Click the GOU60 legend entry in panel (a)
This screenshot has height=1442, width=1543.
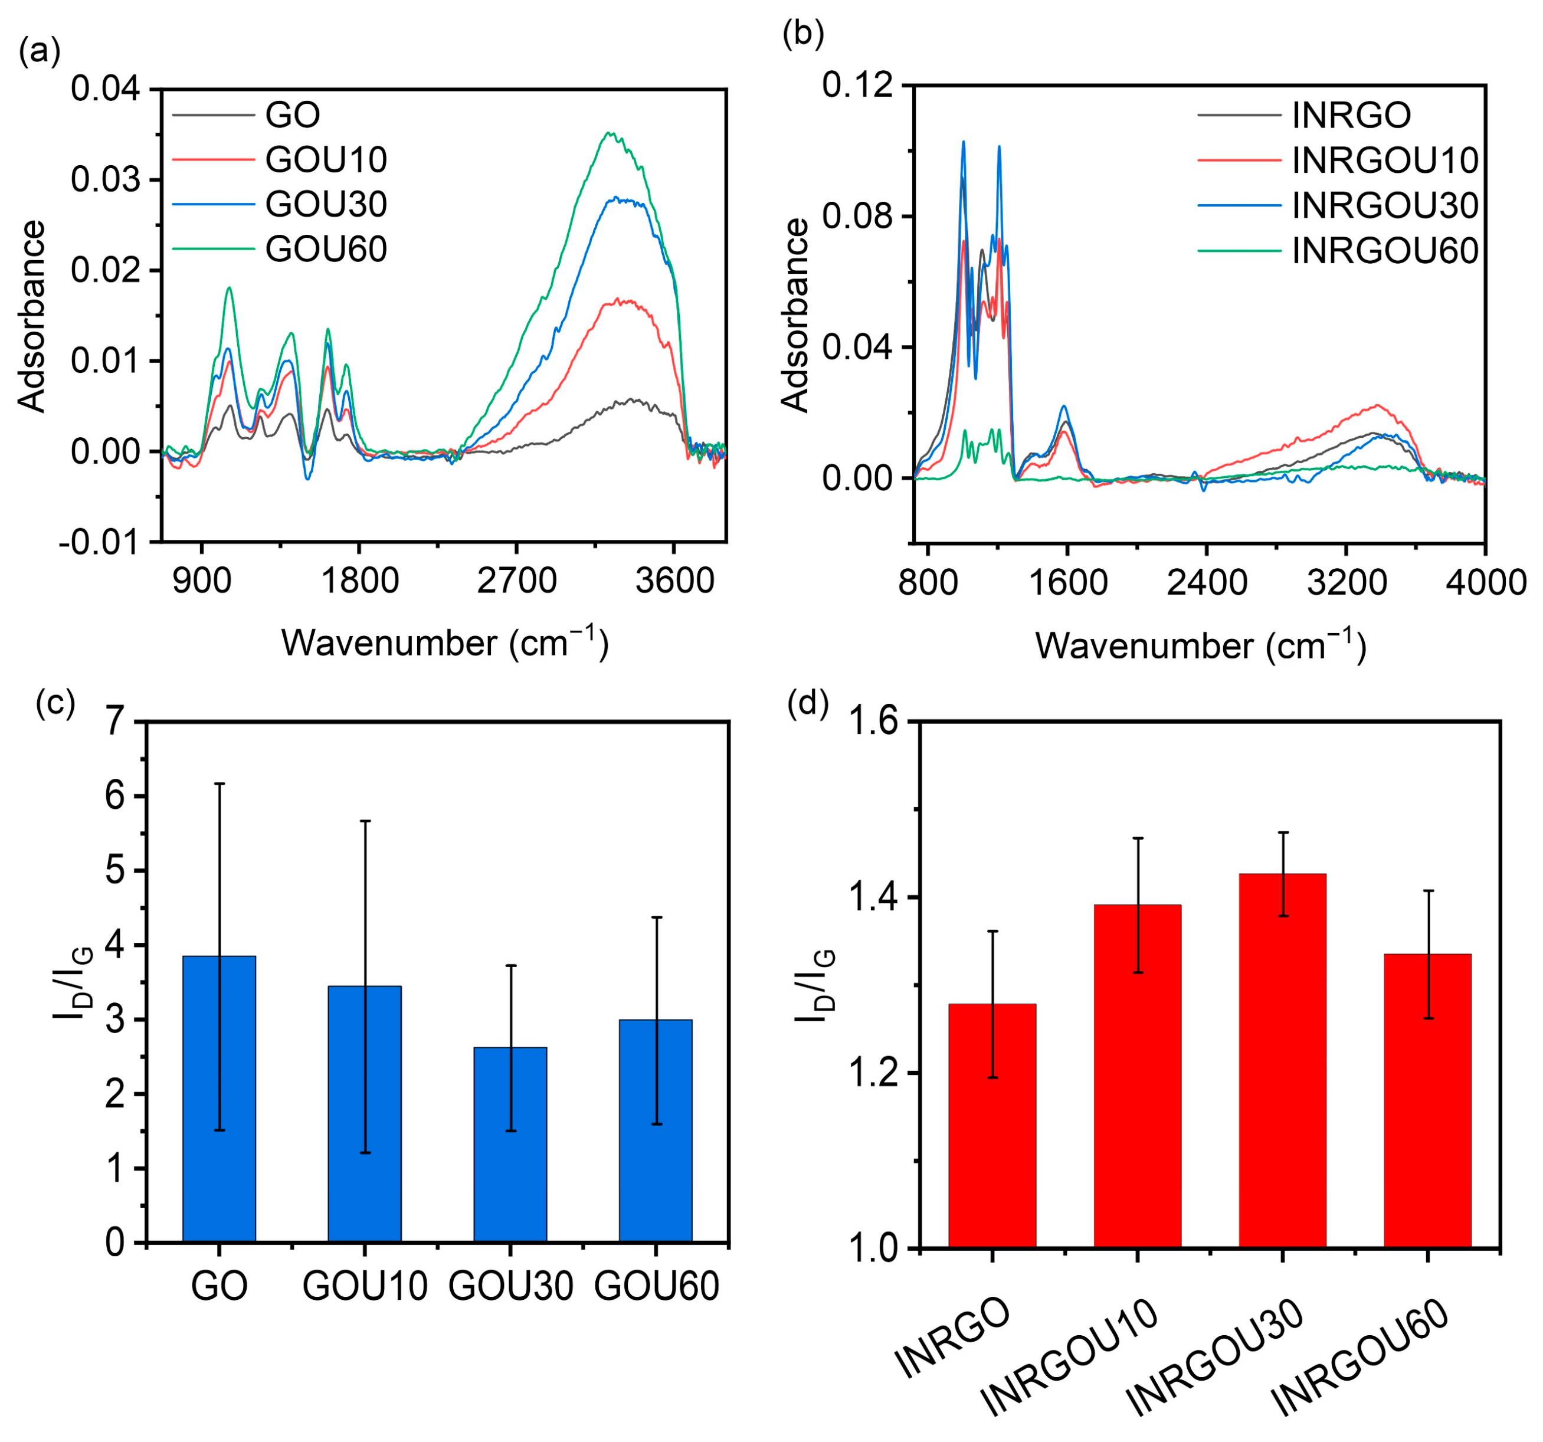(326, 249)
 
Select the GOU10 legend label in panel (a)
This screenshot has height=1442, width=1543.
(326, 159)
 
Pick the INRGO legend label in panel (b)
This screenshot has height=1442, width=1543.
(1351, 115)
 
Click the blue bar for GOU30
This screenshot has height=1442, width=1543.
(510, 1145)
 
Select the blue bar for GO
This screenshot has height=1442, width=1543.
(219, 1099)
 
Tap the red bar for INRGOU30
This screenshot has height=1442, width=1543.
(1282, 1060)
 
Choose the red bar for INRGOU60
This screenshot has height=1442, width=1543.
(1427, 1100)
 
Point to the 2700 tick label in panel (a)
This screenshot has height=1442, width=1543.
(517, 581)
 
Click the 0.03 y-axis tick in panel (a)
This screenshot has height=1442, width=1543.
(106, 180)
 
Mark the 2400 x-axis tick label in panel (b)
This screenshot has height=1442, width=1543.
(1207, 582)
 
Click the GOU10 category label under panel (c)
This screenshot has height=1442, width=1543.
(365, 1286)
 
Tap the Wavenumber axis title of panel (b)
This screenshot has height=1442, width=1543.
(1200, 645)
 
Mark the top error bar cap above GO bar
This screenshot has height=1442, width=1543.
(219, 784)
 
